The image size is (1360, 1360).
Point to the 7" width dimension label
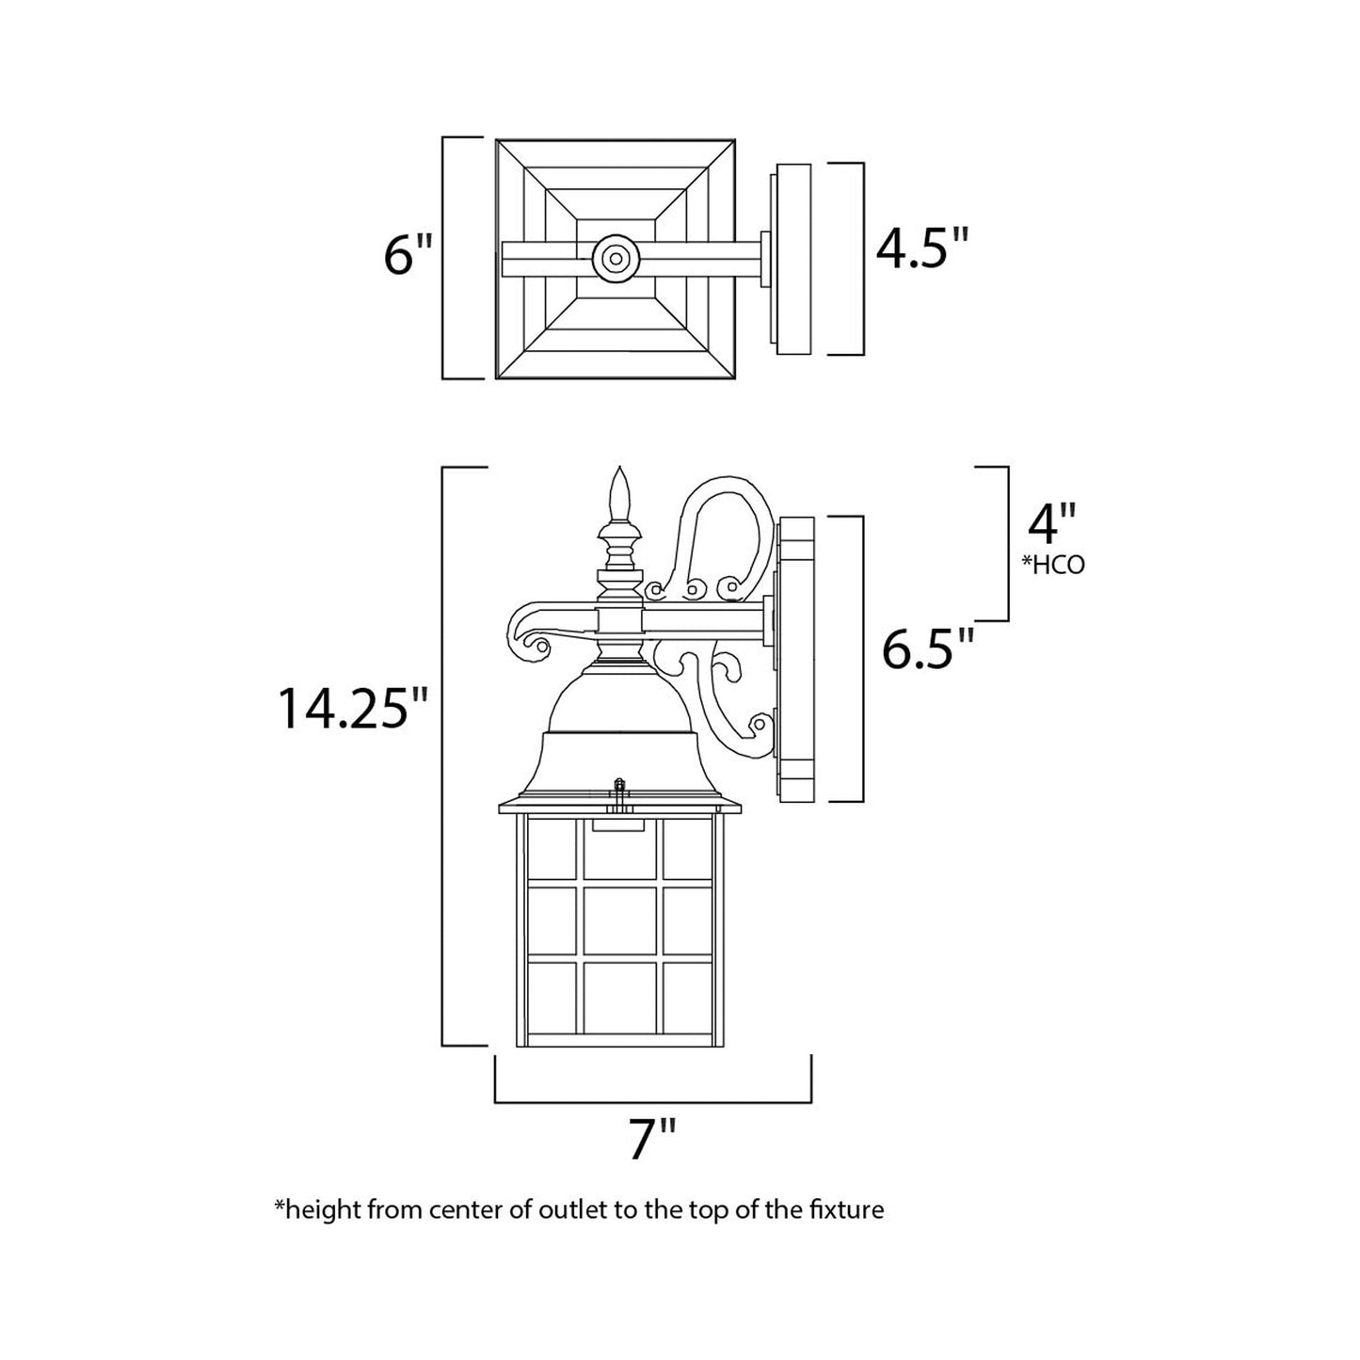pyautogui.click(x=652, y=1140)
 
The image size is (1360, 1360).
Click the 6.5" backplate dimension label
pyautogui.click(x=927, y=648)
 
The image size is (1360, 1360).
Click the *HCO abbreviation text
pyautogui.click(x=1052, y=565)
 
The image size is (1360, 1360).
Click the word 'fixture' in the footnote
pyautogui.click(x=847, y=1209)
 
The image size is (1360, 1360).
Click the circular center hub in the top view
pyautogui.click(x=616, y=257)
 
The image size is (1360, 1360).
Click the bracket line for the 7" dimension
pyautogui.click(x=652, y=1100)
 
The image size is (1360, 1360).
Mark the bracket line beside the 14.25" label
pyautogui.click(x=443, y=755)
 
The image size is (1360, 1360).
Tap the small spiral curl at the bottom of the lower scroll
pyautogui.click(x=760, y=726)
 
